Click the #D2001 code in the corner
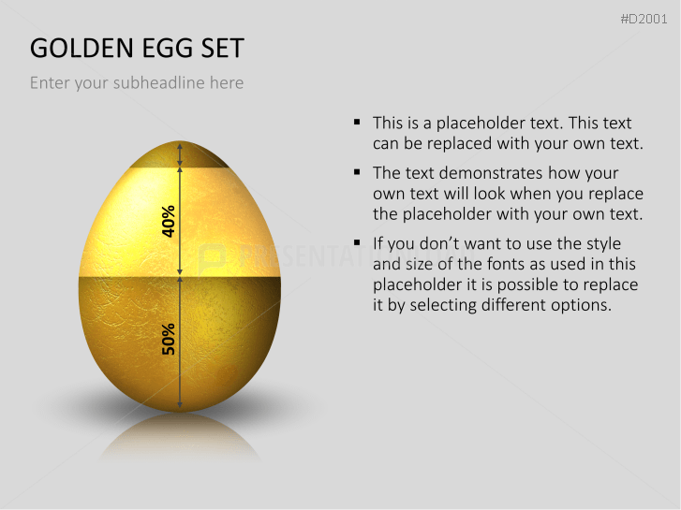coord(646,20)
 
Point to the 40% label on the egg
coord(170,220)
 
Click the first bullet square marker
coord(358,123)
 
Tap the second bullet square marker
coord(358,173)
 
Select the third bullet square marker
coord(358,243)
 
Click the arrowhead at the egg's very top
coord(179,146)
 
